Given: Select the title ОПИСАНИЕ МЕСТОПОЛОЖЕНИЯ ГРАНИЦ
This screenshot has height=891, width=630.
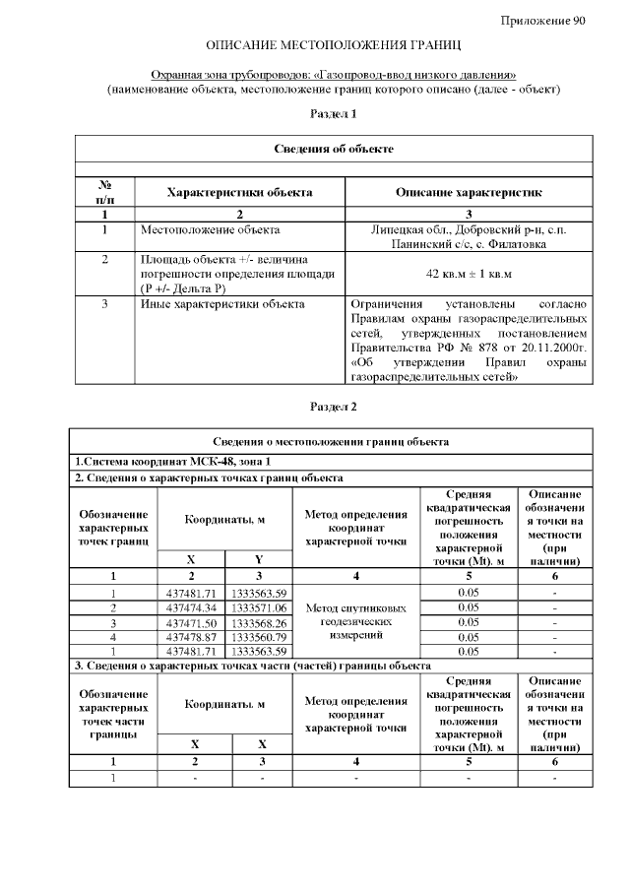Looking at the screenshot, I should (x=334, y=46).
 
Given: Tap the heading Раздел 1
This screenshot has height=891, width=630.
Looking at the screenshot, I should (x=334, y=114).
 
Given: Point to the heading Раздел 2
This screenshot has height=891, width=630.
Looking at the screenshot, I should (x=334, y=407).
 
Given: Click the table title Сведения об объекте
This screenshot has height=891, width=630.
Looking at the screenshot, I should (x=334, y=149).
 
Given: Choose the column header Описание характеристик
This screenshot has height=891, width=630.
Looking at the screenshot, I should (x=469, y=192).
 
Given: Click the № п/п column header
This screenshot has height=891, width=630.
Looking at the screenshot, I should (x=104, y=192).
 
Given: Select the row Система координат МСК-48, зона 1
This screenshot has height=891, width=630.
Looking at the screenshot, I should (x=172, y=462).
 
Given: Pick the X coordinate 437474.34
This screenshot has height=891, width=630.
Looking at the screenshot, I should (x=192, y=607).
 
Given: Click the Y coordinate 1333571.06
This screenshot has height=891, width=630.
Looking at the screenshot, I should (x=258, y=607).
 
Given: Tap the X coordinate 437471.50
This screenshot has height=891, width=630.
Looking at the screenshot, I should (x=192, y=622).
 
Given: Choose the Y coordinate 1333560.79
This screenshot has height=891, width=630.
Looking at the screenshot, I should (x=258, y=637).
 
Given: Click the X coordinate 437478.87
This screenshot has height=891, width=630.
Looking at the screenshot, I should (x=192, y=637).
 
